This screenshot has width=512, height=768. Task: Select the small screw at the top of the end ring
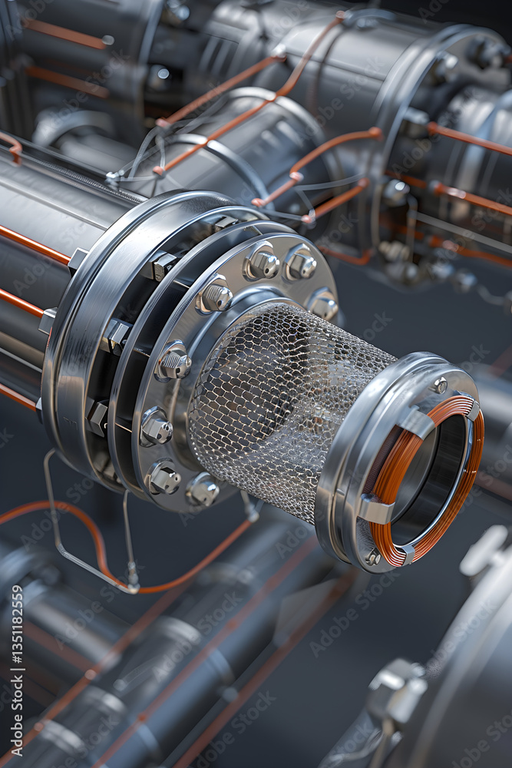click(440, 385)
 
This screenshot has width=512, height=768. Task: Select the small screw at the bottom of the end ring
click(373, 558)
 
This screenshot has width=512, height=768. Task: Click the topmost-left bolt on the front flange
click(262, 263)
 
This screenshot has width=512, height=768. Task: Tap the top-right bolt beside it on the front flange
click(300, 263)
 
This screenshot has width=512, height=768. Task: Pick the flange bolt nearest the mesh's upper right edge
click(323, 305)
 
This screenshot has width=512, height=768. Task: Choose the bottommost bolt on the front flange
click(203, 489)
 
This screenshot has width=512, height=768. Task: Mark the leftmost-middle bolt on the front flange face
click(173, 362)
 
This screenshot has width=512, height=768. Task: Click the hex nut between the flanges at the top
click(164, 266)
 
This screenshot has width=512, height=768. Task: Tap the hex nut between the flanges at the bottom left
click(98, 417)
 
